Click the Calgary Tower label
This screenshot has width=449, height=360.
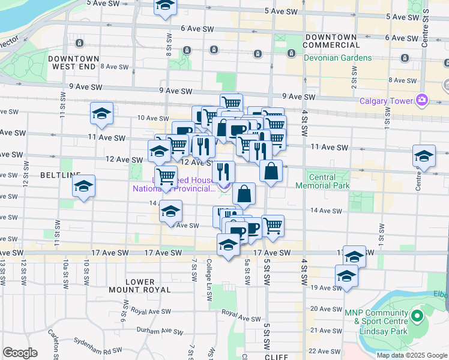tap(387, 101)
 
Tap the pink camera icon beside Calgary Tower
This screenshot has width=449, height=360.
tap(423, 99)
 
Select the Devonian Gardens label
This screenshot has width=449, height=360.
tap(338, 58)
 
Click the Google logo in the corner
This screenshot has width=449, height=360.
tap(20, 353)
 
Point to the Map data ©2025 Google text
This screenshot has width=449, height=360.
tap(412, 355)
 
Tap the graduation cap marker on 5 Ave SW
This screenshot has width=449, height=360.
tap(164, 6)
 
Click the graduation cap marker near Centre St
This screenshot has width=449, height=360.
tap(424, 156)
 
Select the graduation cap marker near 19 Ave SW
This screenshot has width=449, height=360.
tap(346, 276)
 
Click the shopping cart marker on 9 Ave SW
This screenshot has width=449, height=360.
tap(231, 103)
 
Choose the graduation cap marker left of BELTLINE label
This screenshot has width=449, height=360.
tap(83, 186)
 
